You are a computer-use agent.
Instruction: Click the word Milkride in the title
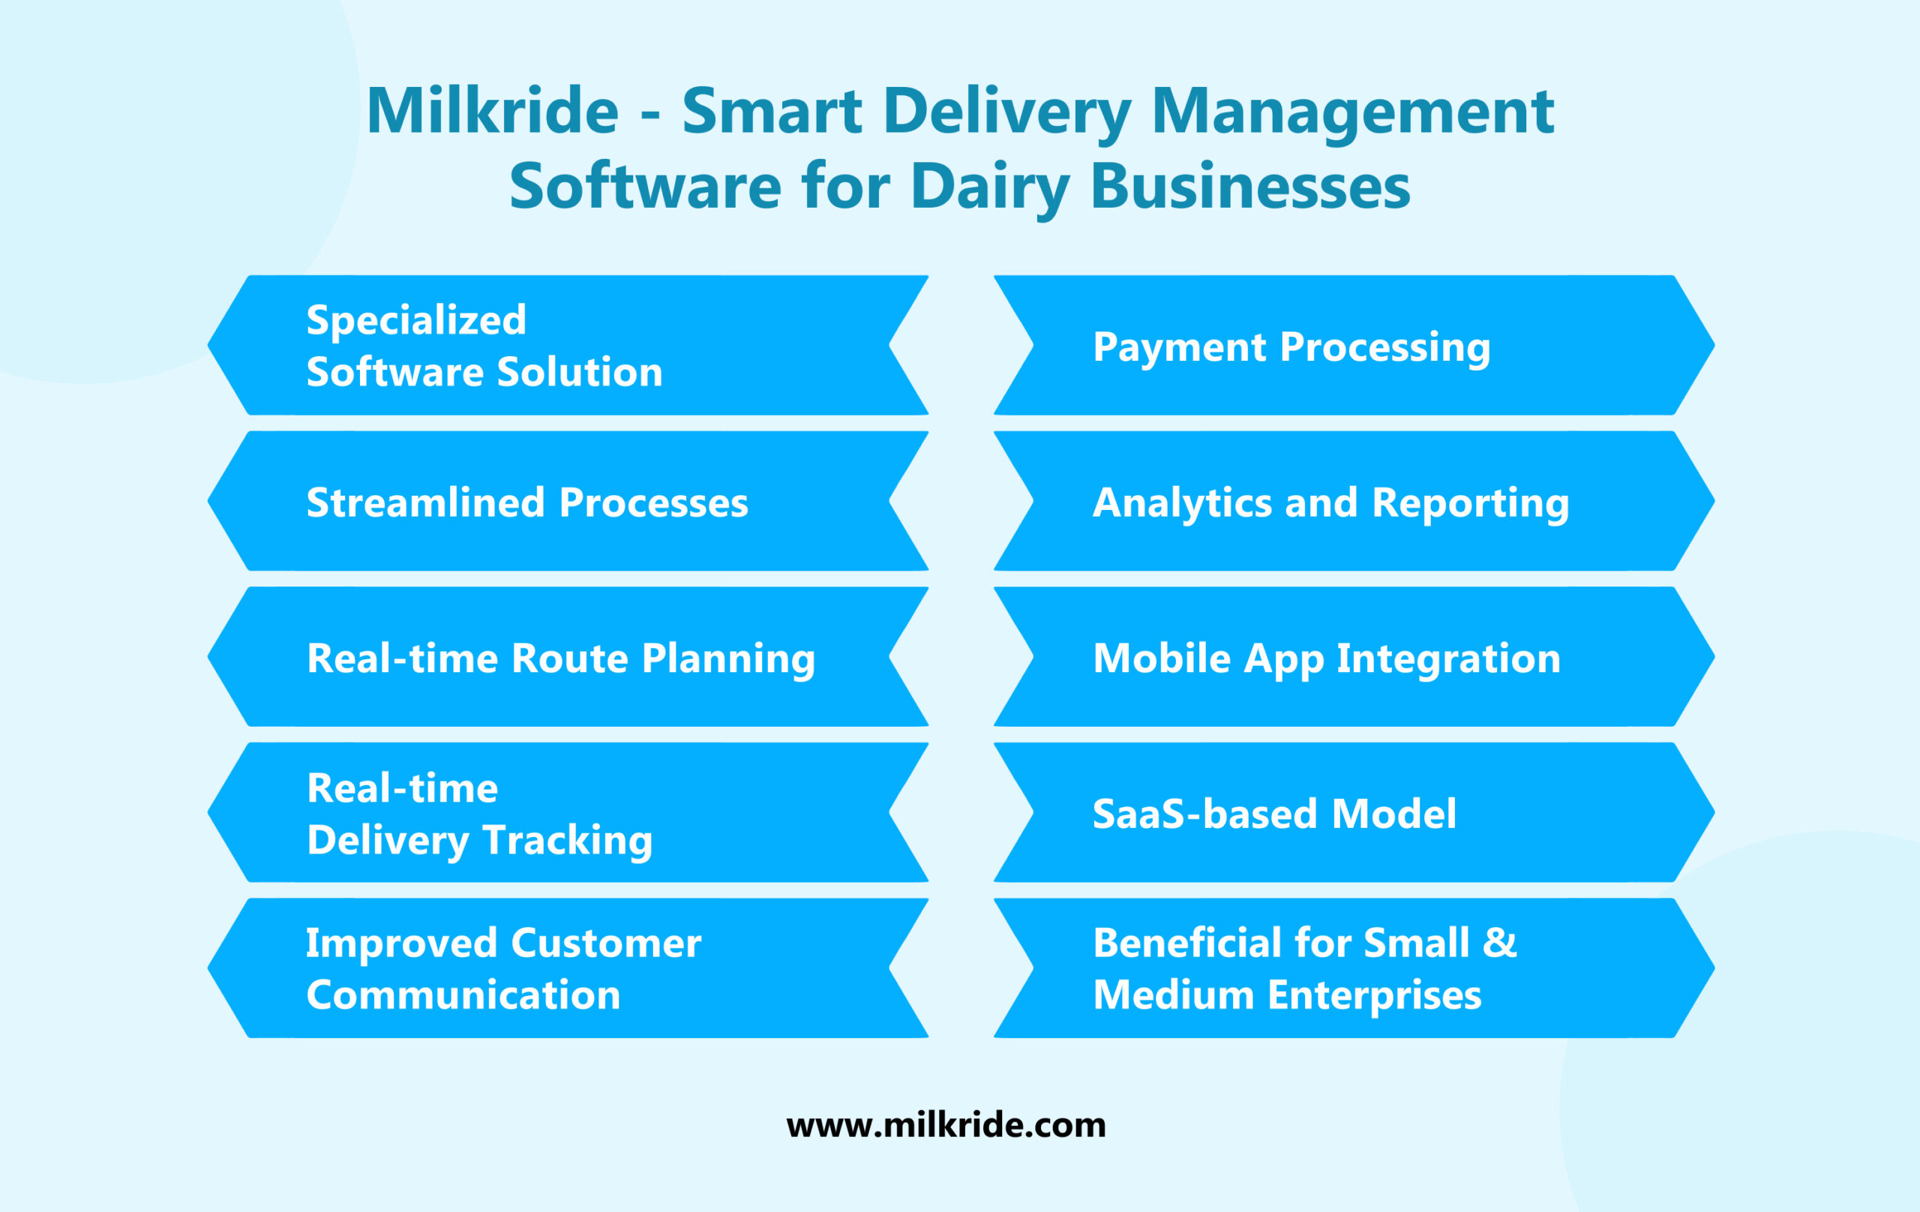492,111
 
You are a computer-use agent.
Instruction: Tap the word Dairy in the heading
989,187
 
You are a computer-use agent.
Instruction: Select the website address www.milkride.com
946,1125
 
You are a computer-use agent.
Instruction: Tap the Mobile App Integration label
1326,658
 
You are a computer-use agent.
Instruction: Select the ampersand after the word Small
1499,943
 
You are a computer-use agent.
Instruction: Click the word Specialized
416,319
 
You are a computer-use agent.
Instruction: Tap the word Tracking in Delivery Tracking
568,840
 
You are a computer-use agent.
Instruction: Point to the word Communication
463,994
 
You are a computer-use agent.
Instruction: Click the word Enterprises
1374,994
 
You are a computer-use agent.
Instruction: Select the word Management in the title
1352,111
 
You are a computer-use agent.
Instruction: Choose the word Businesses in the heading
1249,187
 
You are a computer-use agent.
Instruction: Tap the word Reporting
1470,502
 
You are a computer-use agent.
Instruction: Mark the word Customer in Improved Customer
606,943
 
